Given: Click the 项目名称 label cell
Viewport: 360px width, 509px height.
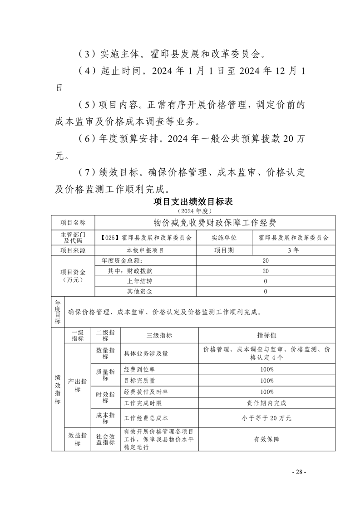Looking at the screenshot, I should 73,222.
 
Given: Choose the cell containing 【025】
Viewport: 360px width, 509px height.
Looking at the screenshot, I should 146,237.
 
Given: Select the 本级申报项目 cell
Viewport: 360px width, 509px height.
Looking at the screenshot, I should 146,250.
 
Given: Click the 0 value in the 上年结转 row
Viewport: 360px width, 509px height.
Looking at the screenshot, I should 266,281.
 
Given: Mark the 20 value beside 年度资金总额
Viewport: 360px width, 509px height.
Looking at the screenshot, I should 266,261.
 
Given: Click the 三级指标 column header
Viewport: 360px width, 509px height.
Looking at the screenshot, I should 159,335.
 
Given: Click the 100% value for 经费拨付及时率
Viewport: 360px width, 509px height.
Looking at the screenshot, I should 267,392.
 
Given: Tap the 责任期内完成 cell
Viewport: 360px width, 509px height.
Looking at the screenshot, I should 267,402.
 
